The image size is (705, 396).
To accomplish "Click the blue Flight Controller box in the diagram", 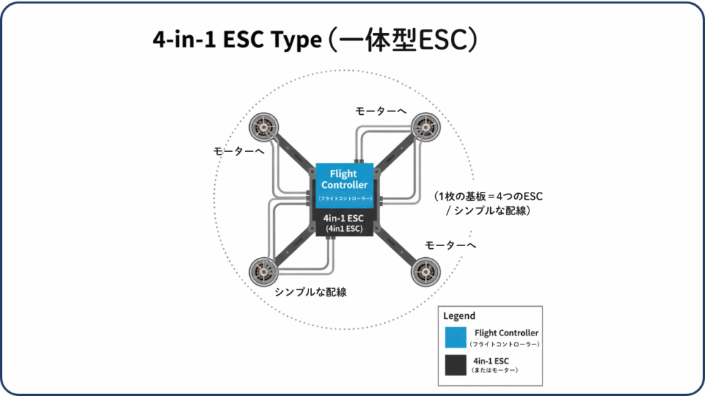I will point(344,184).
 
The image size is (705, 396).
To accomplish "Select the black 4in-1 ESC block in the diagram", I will point(344,223).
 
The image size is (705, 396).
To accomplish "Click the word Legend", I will point(459,316).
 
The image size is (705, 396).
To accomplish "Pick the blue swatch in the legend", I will point(456,338).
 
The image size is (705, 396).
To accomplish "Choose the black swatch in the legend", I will point(456,364).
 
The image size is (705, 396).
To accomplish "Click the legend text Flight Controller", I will point(506,333).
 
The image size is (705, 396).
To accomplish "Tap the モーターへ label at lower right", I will point(450,245).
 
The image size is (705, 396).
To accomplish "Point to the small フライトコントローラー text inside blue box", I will point(344,199).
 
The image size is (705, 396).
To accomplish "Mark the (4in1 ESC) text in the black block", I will point(344,228).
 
